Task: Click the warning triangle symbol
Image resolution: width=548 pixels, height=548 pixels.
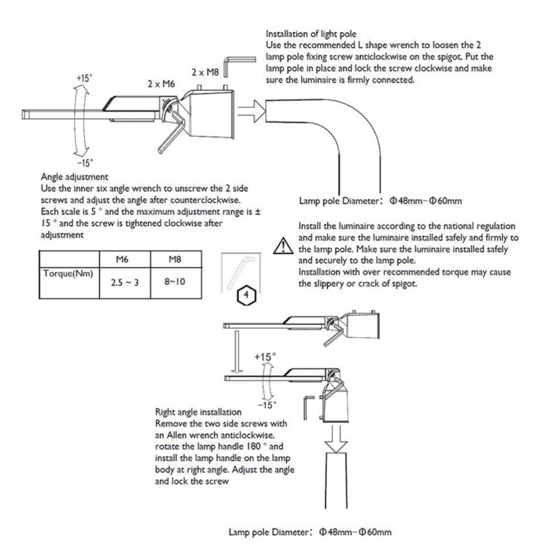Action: coord(284,246)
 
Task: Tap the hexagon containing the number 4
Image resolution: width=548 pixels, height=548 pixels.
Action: coord(247,296)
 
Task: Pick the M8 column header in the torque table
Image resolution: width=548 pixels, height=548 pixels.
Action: coord(175,260)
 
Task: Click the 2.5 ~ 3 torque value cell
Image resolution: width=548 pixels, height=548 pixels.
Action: coord(125,282)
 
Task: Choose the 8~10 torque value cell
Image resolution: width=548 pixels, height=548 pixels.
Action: coord(175,282)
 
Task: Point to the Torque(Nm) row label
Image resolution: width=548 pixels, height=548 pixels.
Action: coord(68,273)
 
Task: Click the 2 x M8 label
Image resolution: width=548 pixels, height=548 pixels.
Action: coord(205,73)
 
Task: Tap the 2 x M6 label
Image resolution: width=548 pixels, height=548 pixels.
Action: coord(161,84)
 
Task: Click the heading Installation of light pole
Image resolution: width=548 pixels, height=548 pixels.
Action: coord(311,34)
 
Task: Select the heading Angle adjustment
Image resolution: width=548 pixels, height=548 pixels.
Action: coord(75,177)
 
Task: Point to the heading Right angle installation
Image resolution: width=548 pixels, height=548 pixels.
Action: coord(198,412)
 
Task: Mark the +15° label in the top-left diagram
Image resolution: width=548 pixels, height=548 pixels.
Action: coord(84,78)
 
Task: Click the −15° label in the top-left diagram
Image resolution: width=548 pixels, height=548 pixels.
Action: coord(85,163)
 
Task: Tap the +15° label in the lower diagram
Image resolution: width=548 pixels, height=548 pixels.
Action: coord(265,357)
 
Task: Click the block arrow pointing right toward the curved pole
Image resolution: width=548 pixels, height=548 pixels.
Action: coord(251,111)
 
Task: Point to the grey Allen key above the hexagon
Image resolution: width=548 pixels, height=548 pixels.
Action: coord(241,271)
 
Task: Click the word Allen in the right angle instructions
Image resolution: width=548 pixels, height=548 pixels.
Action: coord(175,435)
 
